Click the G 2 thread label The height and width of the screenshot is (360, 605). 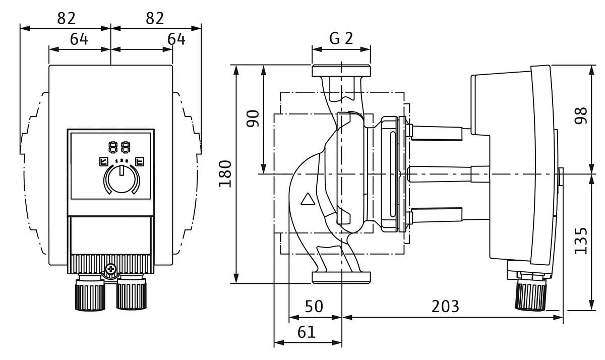(x=341, y=39)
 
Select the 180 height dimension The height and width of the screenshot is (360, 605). (x=225, y=173)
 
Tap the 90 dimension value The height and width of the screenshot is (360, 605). (x=253, y=118)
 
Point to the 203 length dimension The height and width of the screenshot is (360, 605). (x=445, y=306)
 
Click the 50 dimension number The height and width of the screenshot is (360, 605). (x=314, y=306)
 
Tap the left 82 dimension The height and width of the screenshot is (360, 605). (x=66, y=18)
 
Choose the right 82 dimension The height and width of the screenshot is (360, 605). (x=155, y=18)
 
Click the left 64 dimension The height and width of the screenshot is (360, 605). (x=79, y=39)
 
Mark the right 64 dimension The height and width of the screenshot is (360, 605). (x=176, y=39)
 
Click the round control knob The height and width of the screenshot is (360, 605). (x=121, y=179)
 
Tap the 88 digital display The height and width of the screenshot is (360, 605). (x=119, y=148)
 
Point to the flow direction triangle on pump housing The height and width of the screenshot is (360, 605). (x=307, y=199)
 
